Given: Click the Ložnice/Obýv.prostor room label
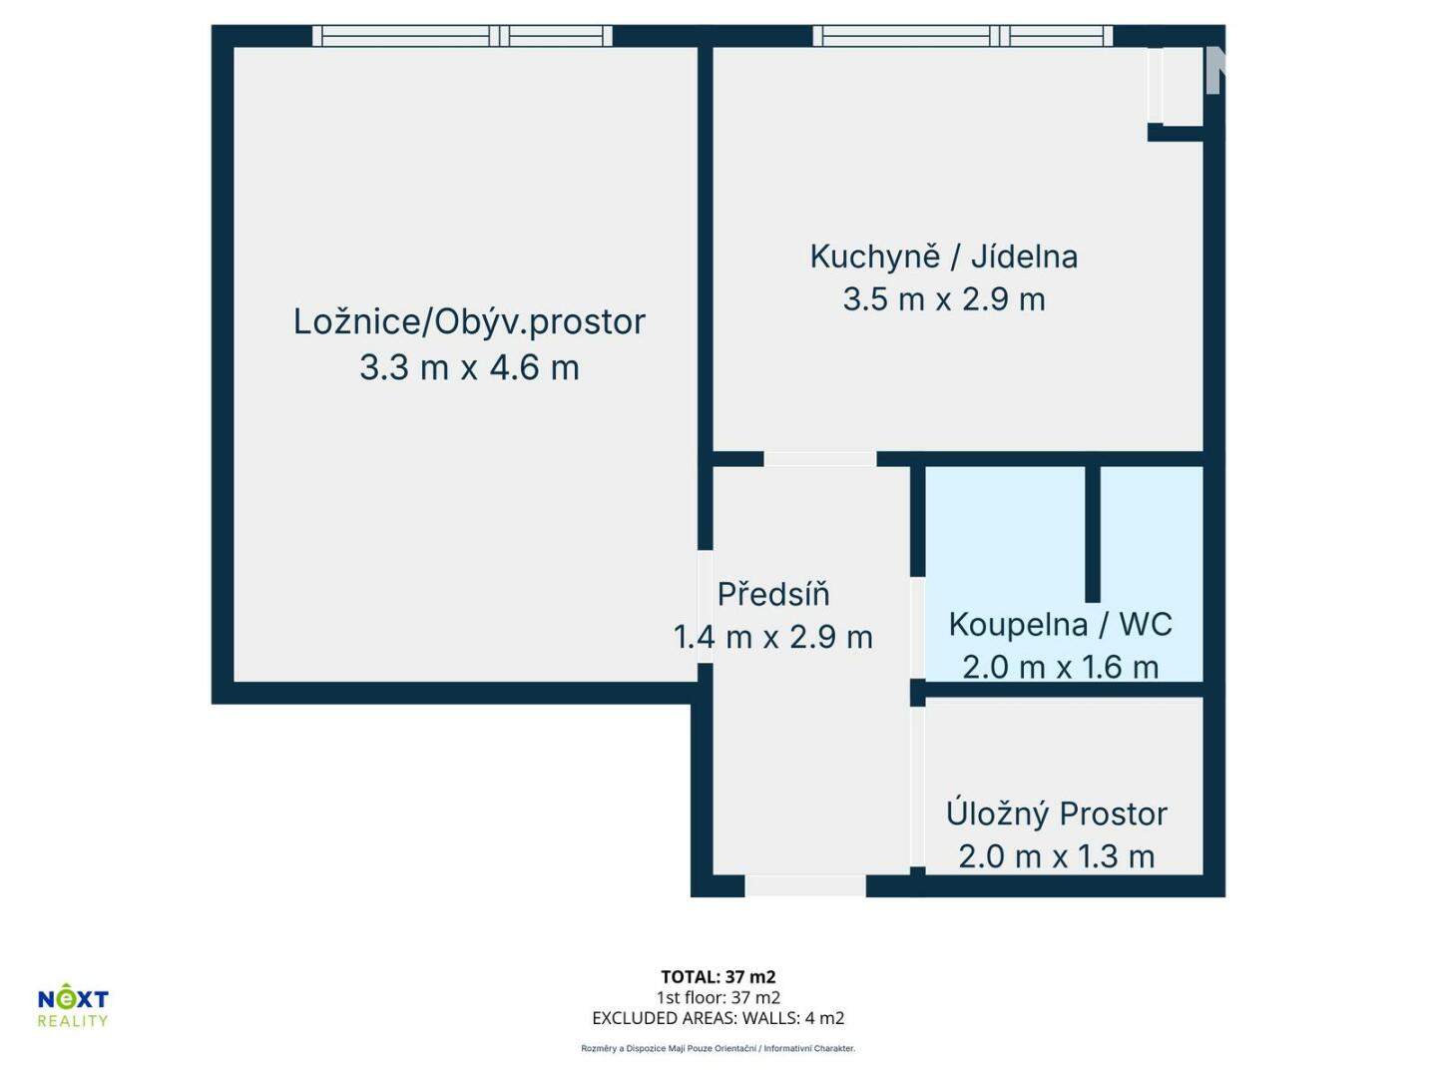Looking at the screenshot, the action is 469,322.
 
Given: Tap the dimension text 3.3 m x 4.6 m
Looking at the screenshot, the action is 469,367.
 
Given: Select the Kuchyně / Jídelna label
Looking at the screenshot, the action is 943,258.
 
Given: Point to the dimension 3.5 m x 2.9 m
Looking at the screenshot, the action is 943,299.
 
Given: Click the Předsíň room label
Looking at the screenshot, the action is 773,594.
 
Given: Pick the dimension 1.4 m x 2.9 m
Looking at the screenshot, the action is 773,637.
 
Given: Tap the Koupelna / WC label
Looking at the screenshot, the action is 1060,625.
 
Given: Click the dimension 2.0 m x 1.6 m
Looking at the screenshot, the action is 1060,667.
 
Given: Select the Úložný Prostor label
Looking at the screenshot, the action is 1057,812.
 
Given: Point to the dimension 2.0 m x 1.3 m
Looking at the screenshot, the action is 1057,856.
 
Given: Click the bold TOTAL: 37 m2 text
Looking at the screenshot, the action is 718,976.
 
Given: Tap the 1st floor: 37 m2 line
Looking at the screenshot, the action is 718,997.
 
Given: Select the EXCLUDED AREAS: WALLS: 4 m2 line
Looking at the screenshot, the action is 718,1018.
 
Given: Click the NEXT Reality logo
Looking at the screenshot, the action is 73,1005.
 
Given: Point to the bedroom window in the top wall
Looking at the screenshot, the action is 462,35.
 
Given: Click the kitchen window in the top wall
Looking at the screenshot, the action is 962,35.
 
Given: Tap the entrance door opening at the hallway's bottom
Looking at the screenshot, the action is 805,885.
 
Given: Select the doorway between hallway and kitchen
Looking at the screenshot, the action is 819,458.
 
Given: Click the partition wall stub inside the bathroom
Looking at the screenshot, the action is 1093,533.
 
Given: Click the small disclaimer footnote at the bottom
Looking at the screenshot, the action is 718,1048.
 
